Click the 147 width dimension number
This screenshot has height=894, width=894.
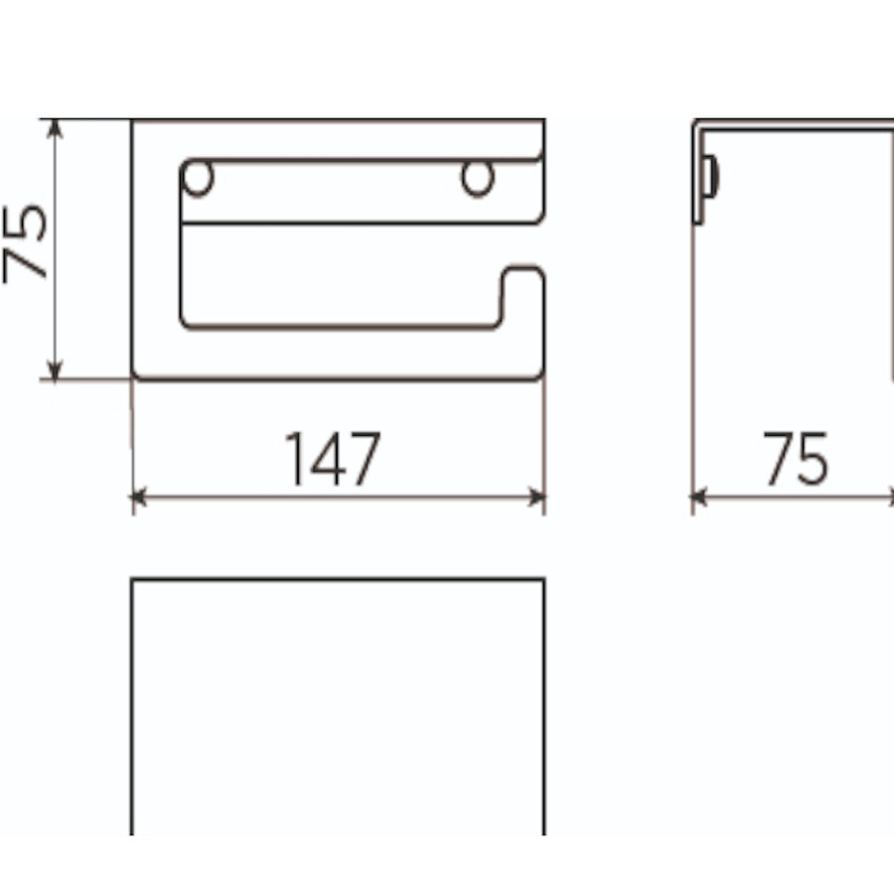(333, 459)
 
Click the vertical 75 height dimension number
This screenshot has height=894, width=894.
(28, 243)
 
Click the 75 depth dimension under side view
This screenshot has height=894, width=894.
(796, 459)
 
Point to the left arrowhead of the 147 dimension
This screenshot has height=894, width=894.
(139, 497)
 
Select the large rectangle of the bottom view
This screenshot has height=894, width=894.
(338, 705)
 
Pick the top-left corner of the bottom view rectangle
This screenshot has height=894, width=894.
(133, 580)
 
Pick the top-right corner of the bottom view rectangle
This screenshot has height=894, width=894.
(543, 580)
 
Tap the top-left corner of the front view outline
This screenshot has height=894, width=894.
(133, 121)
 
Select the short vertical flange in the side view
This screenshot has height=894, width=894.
(699, 174)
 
